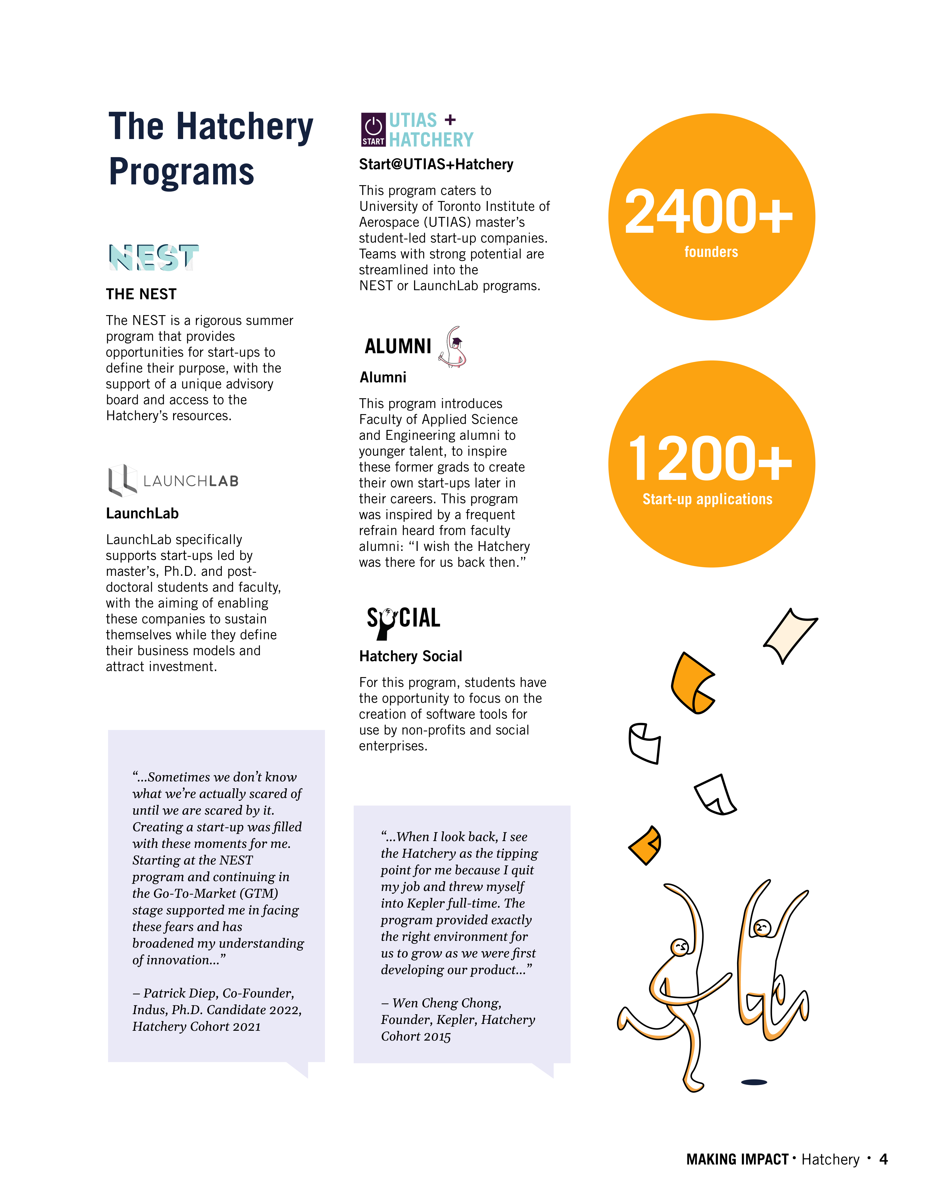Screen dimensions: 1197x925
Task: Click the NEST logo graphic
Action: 153,258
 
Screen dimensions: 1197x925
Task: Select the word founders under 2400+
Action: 711,252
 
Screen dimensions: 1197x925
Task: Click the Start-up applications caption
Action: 707,499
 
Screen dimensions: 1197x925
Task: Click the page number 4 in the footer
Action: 883,1159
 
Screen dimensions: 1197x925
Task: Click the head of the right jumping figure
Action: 762,928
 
